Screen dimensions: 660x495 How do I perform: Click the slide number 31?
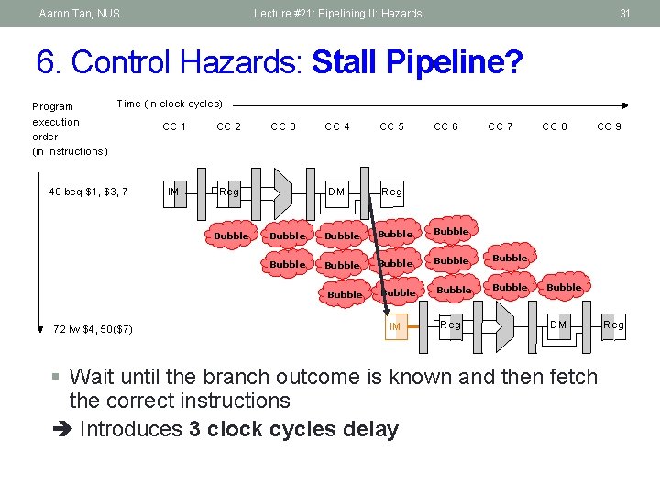pos(624,14)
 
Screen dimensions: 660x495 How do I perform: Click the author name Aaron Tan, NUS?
pos(79,14)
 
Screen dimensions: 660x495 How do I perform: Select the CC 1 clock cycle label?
pos(174,126)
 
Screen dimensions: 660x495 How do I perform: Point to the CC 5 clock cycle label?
pos(391,126)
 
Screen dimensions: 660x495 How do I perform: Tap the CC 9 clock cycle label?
pos(609,126)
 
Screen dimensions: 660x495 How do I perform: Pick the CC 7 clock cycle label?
pos(500,126)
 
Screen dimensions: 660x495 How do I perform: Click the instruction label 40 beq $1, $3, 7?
pos(88,192)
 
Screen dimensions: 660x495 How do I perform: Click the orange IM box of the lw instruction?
pos(395,326)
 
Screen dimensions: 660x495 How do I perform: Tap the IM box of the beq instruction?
pos(172,192)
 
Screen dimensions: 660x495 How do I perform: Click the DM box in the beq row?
pos(336,192)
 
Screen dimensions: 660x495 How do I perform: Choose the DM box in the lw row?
pos(557,325)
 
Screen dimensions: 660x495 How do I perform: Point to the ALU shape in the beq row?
pos(282,192)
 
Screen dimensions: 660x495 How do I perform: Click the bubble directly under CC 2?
pos(231,236)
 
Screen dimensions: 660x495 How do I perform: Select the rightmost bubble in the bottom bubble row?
pos(564,287)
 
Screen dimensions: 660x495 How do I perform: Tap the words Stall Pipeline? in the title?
pos(417,63)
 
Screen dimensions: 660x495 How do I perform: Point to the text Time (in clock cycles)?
pos(170,104)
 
